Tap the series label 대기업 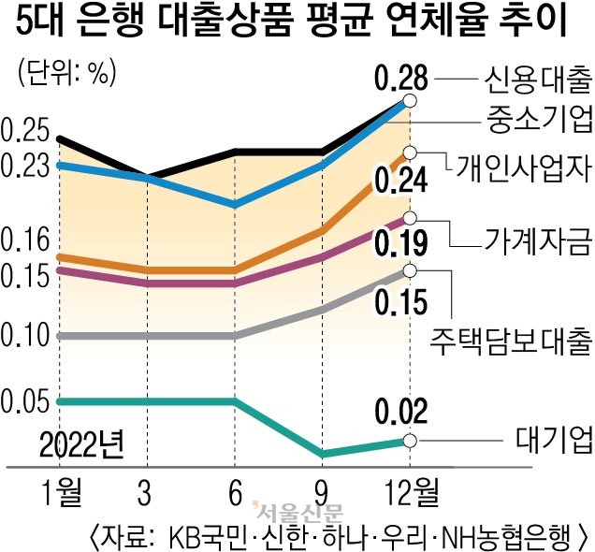tap(554, 436)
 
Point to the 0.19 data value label tap(402, 245)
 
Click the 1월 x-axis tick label tap(58, 489)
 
